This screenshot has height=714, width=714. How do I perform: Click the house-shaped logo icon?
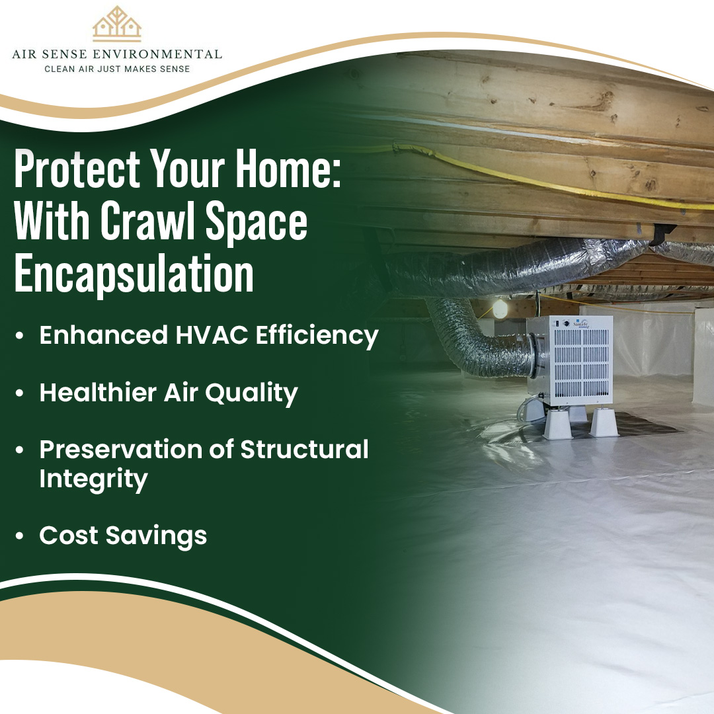[x=117, y=24]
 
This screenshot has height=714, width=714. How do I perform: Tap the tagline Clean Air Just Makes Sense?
[x=117, y=69]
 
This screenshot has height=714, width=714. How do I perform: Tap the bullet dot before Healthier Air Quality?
[x=19, y=393]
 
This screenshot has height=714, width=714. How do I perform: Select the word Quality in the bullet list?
[x=251, y=393]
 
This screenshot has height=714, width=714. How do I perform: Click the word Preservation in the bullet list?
[x=121, y=450]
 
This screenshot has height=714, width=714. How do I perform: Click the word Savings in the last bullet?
[x=156, y=536]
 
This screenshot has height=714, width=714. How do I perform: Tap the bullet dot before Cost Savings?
[x=19, y=535]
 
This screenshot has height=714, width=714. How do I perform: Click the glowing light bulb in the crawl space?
[x=500, y=309]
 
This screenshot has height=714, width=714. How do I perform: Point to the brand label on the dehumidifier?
[x=582, y=324]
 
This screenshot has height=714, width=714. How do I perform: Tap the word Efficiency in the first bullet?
[x=317, y=336]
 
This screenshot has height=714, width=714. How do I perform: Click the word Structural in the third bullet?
[x=304, y=450]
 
